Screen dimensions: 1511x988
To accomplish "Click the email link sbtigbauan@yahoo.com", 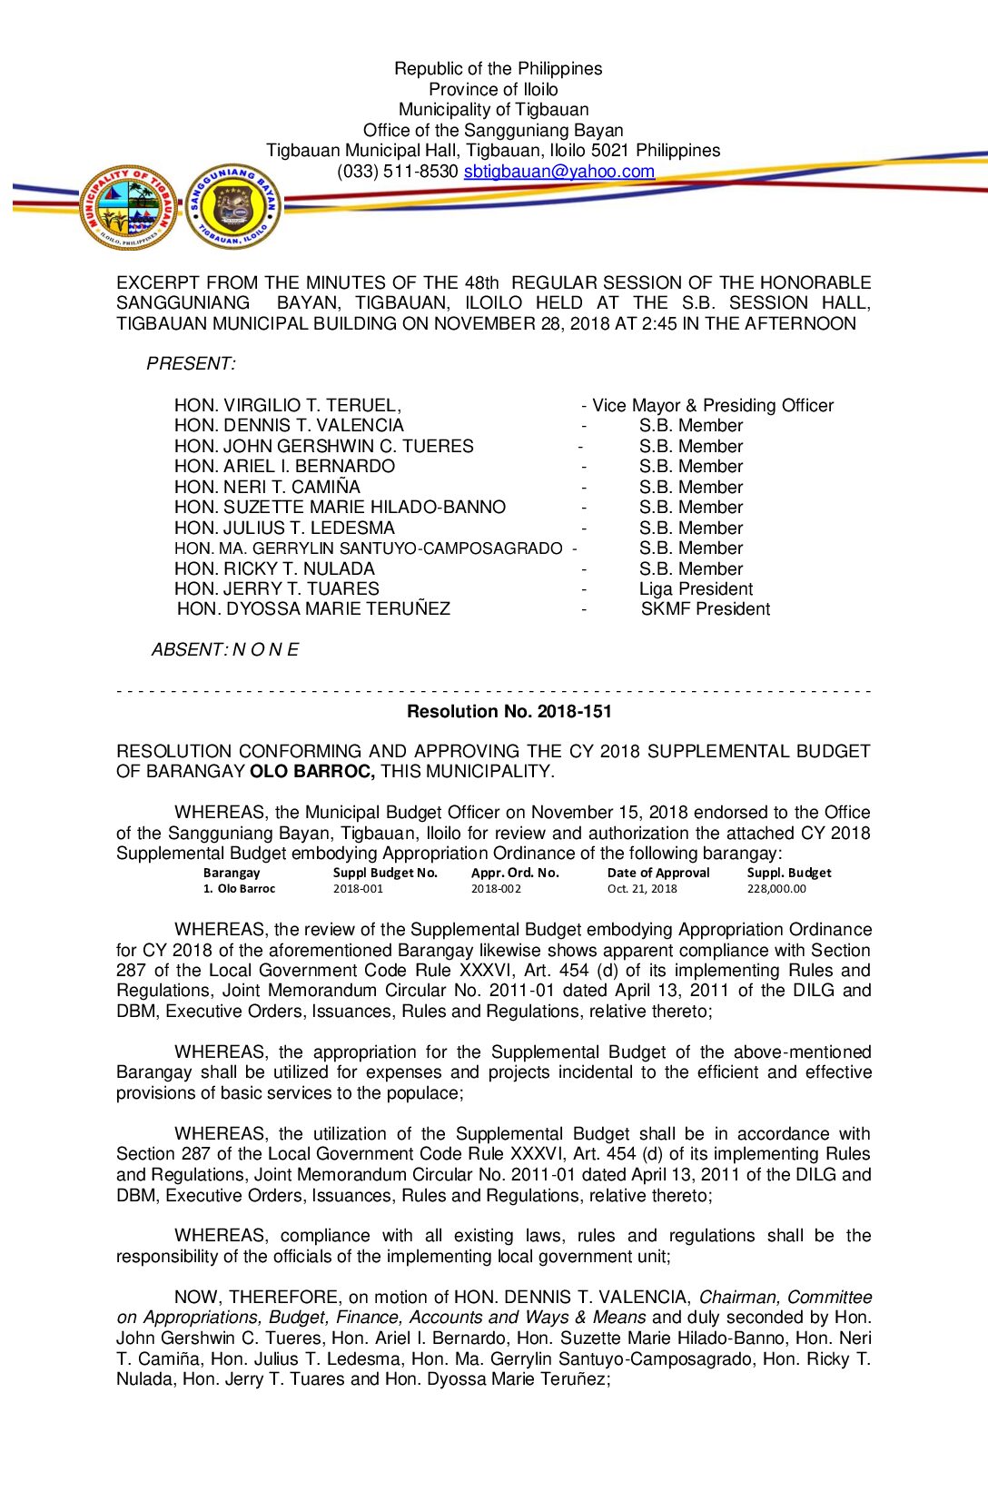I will coord(558,172).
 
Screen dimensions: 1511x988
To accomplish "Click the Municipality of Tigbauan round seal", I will coord(128,208).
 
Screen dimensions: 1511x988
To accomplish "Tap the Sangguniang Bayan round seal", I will coord(233,208).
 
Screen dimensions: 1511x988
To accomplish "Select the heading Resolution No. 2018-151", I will coord(509,712).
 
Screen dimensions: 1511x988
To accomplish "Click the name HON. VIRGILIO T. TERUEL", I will coord(287,406).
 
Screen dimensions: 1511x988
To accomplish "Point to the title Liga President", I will coord(696,589).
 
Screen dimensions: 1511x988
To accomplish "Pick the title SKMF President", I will coord(705,609).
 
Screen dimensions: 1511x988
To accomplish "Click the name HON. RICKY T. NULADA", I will coord(274,569).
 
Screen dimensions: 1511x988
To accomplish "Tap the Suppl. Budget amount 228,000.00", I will coord(776,889).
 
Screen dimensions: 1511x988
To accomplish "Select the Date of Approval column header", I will coord(658,873).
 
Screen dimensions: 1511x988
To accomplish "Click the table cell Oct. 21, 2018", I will coord(642,889).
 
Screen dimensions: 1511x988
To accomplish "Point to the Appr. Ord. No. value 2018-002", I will coord(496,889).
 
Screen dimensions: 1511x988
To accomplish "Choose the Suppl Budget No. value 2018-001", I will coord(358,889).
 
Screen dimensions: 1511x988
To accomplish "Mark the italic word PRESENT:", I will coord(191,364).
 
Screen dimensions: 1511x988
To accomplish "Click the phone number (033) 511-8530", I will coord(397,172).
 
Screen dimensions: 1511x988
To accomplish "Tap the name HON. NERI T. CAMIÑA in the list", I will coord(267,488).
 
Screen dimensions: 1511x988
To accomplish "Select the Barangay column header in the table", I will coord(232,873).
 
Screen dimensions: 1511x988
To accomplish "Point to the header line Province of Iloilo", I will coord(493,90).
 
